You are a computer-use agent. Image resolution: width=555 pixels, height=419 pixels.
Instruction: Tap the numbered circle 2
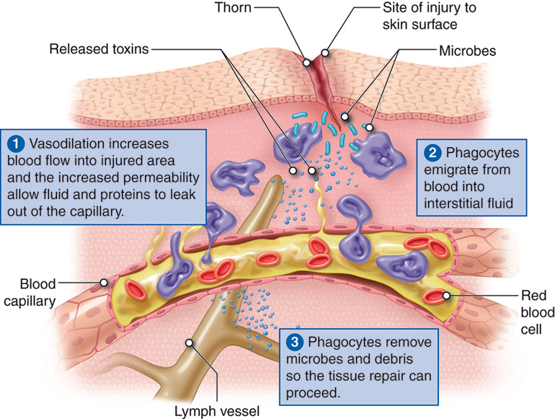[433, 153]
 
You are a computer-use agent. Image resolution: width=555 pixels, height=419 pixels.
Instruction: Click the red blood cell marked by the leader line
[437, 295]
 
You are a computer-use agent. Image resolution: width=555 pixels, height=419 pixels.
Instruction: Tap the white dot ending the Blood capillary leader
[105, 282]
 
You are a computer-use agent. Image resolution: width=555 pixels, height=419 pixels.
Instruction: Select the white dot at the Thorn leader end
[307, 61]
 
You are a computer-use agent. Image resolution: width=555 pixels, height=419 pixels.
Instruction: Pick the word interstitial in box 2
[458, 204]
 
